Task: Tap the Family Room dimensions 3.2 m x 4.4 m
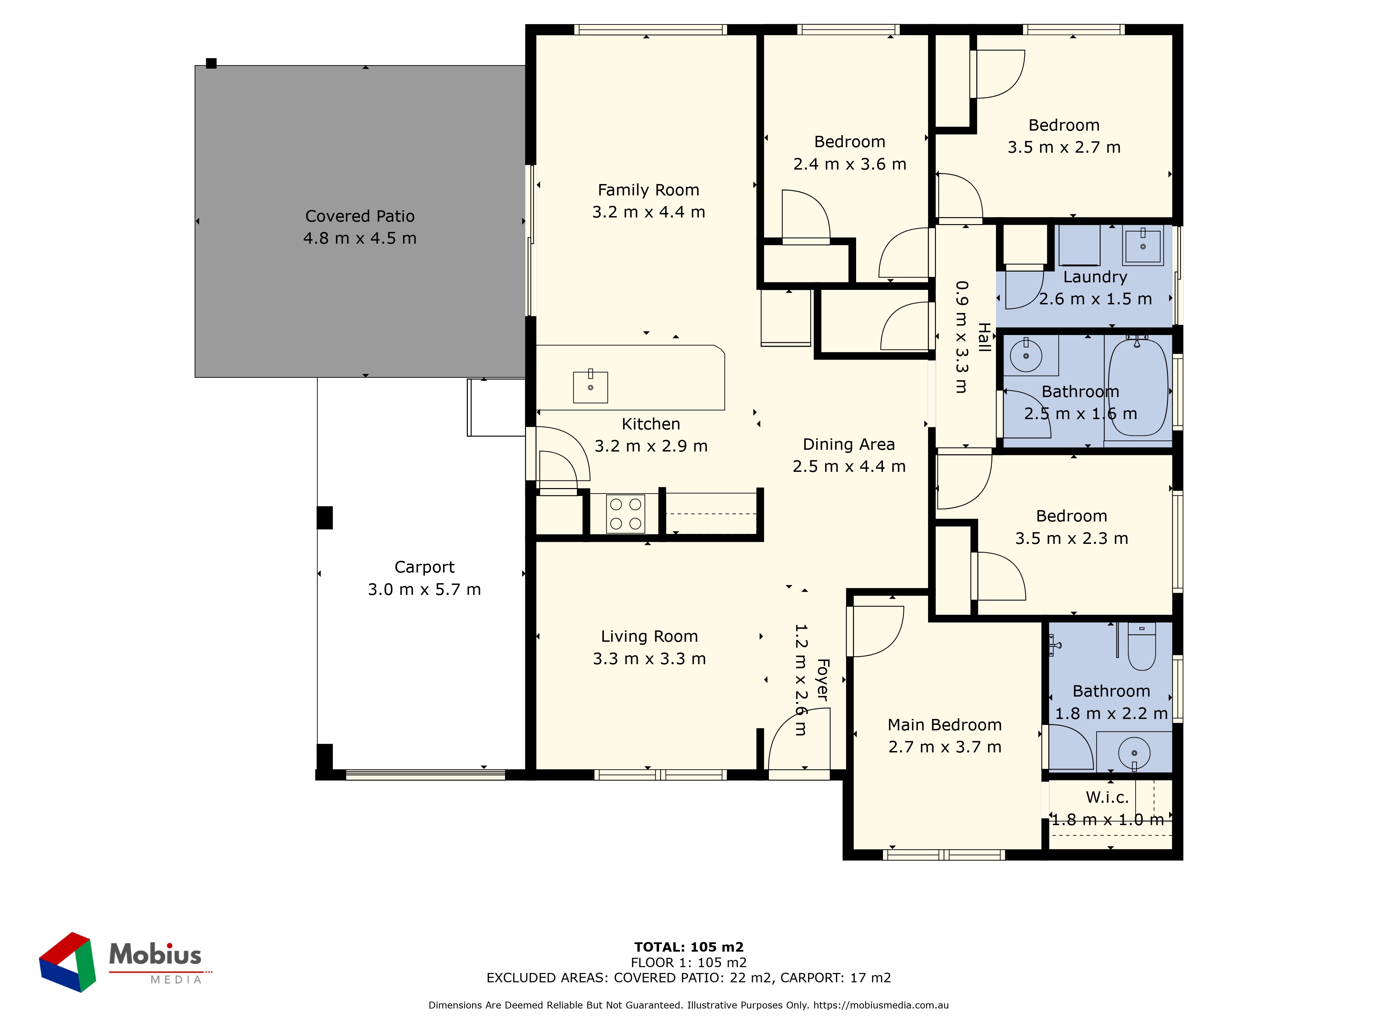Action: click(x=648, y=212)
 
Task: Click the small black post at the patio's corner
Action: click(x=211, y=63)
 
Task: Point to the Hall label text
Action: click(x=984, y=337)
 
